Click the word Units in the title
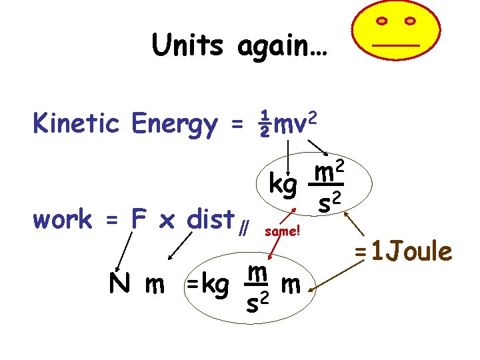click(x=188, y=45)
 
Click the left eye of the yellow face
click(x=382, y=21)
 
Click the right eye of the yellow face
click(x=409, y=21)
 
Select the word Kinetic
click(x=77, y=123)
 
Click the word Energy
click(x=175, y=125)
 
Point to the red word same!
click(x=283, y=233)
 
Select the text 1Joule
click(x=412, y=252)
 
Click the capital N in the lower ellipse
click(x=119, y=285)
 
